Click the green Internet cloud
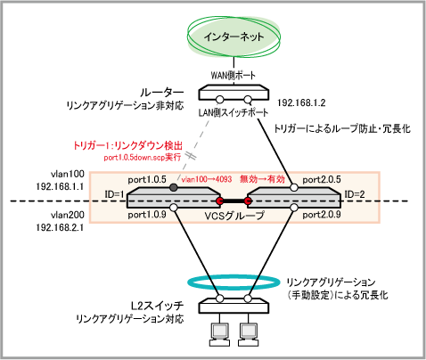tap(233, 37)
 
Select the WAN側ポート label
tap(233, 75)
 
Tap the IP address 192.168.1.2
tap(301, 102)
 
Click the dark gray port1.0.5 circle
tap(174, 187)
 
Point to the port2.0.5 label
tap(322, 180)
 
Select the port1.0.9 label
tap(147, 215)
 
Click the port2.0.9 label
tap(322, 215)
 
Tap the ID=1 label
tap(114, 194)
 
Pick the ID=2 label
tap(355, 194)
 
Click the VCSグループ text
tap(234, 216)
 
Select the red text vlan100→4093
tap(207, 179)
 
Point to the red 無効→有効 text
tap(262, 179)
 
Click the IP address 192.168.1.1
tap(60, 186)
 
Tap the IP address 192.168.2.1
tap(60, 227)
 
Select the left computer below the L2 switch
tap(220, 334)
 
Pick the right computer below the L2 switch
tap(249, 334)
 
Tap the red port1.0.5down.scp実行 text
tap(143, 157)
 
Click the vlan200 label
tap(68, 215)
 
